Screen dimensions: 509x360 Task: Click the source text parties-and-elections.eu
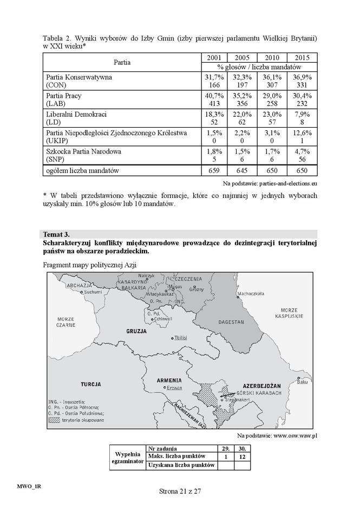pyautogui.click(x=280, y=184)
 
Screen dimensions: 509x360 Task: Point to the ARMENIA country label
pyautogui.click(x=169, y=380)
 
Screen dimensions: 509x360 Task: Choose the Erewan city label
pyautogui.click(x=174, y=388)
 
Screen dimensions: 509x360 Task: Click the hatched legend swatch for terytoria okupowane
pyautogui.click(x=54, y=419)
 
